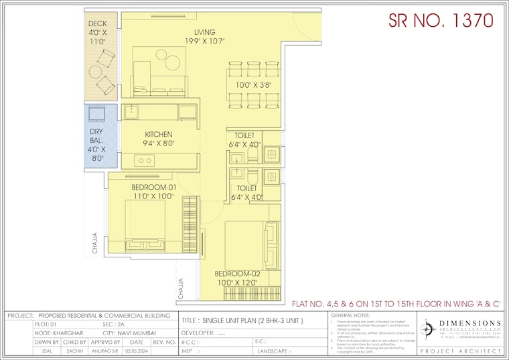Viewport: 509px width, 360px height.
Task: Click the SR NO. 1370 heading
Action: (441, 20)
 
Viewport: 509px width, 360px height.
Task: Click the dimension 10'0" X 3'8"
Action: (252, 85)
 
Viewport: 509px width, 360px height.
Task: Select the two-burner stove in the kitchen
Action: (143, 160)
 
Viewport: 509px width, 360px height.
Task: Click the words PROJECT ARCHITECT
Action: (461, 351)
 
